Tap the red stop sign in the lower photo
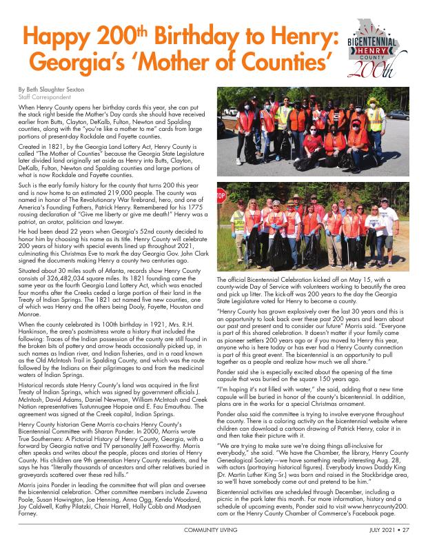point(221,196)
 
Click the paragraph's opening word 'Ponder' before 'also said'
point(228,415)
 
